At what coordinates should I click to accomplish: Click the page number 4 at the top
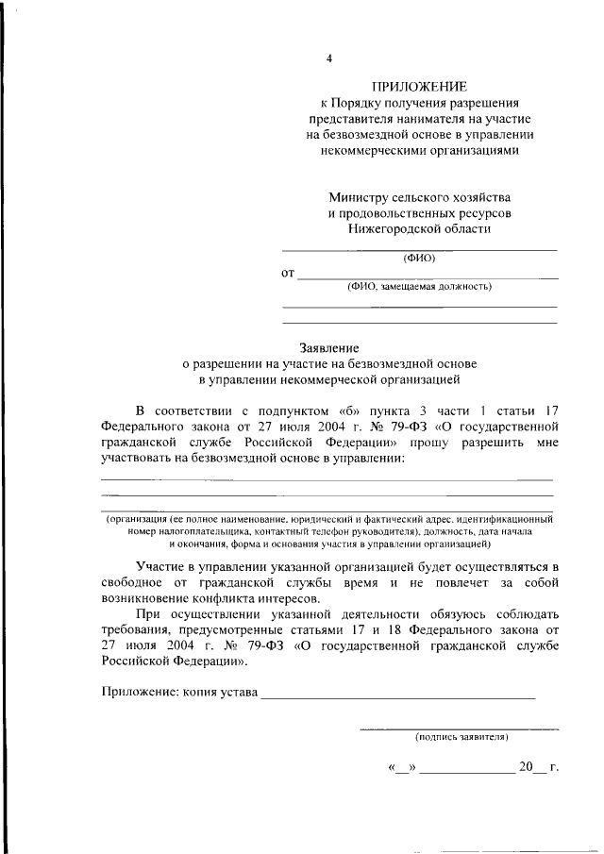329,59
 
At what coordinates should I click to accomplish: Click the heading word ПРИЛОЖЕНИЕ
419,86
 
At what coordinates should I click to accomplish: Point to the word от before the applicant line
289,274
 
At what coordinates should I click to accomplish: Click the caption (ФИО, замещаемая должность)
419,287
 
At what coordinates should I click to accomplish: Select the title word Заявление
329,347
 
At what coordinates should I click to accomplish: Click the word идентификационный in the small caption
505,519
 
